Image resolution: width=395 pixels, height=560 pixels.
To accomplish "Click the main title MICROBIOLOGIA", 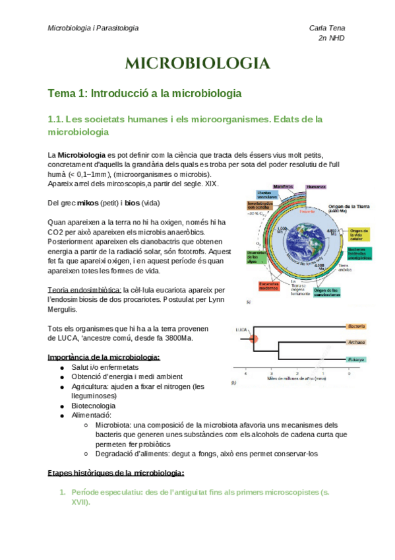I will click(197, 64).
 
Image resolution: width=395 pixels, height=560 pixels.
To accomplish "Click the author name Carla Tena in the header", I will click(327, 28).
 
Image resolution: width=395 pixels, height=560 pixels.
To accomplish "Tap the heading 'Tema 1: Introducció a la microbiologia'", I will click(144, 94).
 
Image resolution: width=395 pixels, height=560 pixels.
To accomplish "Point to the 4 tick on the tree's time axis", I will click(246, 374).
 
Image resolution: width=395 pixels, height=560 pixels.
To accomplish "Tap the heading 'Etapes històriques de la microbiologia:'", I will click(116, 473).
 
